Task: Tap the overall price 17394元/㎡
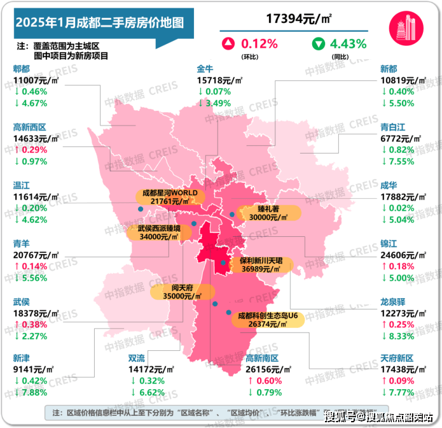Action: click(295, 20)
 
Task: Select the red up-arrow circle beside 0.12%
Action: click(228, 44)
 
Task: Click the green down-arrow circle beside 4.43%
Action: click(317, 44)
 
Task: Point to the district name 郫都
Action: click(22, 69)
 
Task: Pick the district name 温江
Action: click(22, 185)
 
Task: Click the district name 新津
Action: click(22, 359)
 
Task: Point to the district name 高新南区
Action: click(263, 359)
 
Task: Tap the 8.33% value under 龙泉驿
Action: click(403, 336)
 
